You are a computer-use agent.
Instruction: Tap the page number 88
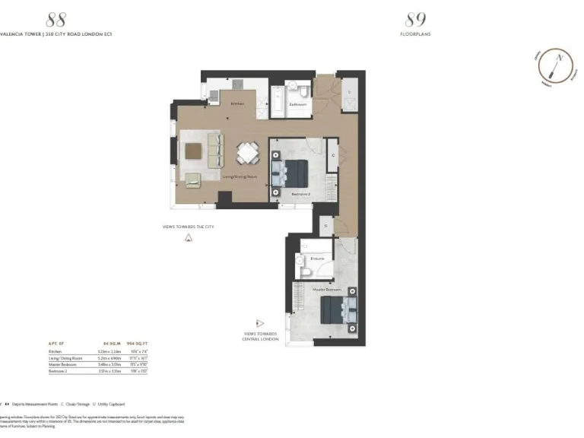tap(56, 19)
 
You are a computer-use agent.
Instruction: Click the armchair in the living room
tap(193, 179)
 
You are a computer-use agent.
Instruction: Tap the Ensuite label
tap(317, 259)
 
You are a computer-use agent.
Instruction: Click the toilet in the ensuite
tap(304, 271)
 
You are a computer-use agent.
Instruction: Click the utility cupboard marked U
tap(349, 91)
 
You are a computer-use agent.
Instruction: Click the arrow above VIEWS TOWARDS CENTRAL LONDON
tap(260, 322)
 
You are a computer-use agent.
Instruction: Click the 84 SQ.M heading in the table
tap(112, 344)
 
